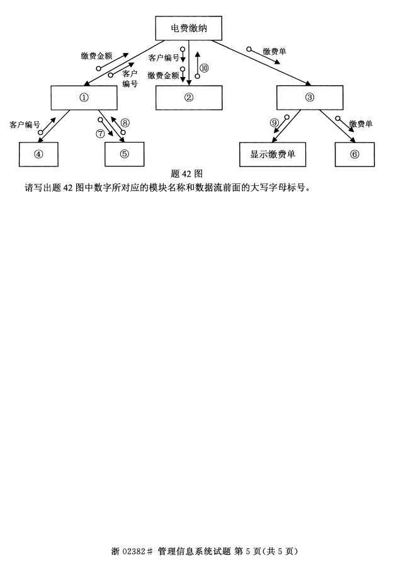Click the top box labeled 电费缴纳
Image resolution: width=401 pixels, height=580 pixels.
pos(188,28)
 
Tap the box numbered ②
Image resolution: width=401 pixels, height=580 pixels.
pos(189,97)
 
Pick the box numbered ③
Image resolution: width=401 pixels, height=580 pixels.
pos(310,97)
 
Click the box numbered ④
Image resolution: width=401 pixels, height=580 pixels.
pos(38,154)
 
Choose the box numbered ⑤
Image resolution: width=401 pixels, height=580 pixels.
pos(124,154)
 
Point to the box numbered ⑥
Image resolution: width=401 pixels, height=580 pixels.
pos(354,154)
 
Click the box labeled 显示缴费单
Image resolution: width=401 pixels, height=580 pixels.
pos(273,154)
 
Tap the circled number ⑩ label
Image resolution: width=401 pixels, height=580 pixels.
pos(204,67)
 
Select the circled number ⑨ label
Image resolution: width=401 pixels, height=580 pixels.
pos(274,122)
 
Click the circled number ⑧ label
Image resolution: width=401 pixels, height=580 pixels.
pos(125,122)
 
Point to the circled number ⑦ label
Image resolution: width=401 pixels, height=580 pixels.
pos(100,133)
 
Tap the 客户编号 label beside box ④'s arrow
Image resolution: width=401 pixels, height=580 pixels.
pos(25,125)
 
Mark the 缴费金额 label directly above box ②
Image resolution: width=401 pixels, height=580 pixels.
pos(164,76)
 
